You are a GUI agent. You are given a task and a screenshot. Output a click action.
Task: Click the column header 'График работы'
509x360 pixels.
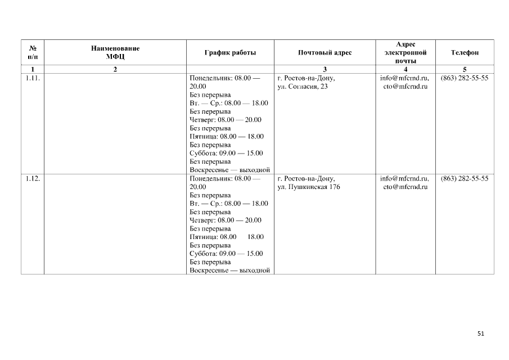click(x=230, y=52)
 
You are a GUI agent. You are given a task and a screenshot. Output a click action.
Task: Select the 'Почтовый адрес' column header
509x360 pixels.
click(x=325, y=52)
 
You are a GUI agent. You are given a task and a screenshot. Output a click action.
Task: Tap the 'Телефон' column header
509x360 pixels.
click(x=465, y=52)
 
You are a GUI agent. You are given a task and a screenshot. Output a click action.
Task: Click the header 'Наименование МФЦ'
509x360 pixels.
click(x=115, y=52)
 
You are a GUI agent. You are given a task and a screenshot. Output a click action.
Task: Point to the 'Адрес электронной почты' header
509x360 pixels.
click(x=405, y=52)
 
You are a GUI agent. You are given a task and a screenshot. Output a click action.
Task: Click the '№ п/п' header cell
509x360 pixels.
click(x=33, y=52)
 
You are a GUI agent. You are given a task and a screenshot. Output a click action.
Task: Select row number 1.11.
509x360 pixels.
click(x=33, y=78)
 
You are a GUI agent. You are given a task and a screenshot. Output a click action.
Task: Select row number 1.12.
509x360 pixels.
click(x=33, y=178)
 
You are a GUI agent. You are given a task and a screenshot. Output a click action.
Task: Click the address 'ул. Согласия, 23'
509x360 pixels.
click(x=303, y=87)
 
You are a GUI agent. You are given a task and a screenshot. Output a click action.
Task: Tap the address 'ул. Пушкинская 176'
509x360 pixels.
click(x=309, y=187)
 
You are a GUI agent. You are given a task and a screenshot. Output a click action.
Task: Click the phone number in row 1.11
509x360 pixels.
click(x=465, y=78)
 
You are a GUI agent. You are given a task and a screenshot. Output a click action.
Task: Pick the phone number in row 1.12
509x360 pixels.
click(x=465, y=178)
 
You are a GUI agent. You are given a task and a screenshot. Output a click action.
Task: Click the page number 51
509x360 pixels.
click(x=480, y=334)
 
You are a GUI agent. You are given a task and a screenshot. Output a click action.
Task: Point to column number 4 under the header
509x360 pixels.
click(x=405, y=69)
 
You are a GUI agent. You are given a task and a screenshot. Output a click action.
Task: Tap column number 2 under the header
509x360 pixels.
click(x=115, y=69)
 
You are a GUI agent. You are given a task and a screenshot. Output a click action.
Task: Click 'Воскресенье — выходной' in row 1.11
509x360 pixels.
click(x=230, y=170)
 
